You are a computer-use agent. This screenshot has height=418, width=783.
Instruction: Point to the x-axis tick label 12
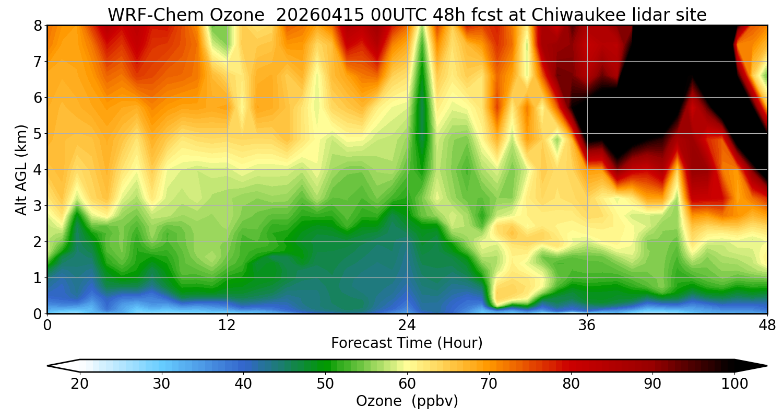click(227, 326)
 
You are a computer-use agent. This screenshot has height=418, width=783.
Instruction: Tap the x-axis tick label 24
click(407, 326)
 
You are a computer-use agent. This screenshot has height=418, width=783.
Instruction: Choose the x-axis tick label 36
click(587, 326)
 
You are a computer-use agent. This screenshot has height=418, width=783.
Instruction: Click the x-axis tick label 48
click(767, 326)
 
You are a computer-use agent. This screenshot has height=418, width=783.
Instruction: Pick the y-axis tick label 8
click(38, 25)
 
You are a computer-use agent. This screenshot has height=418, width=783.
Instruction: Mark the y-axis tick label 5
click(38, 133)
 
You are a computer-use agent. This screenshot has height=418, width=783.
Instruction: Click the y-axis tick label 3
click(38, 205)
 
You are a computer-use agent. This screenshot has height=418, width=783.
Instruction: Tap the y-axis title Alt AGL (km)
click(21, 169)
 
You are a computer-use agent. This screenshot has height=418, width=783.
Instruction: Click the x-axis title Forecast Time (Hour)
click(407, 343)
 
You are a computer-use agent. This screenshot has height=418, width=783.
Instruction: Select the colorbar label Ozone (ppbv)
click(407, 401)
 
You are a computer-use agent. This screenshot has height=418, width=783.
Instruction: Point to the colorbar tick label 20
click(80, 384)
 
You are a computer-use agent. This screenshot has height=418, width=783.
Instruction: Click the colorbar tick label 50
click(325, 384)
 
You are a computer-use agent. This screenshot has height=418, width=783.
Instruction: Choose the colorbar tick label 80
click(571, 384)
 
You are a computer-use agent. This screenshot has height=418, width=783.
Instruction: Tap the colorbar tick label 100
click(734, 384)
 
